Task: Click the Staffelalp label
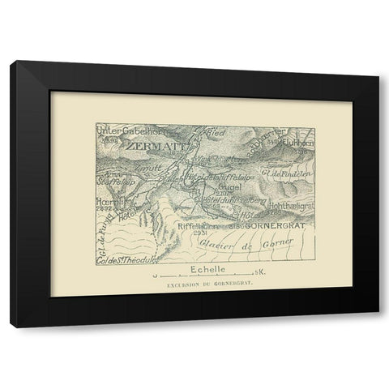click(x=114, y=182)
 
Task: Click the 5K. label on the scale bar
click(x=259, y=273)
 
